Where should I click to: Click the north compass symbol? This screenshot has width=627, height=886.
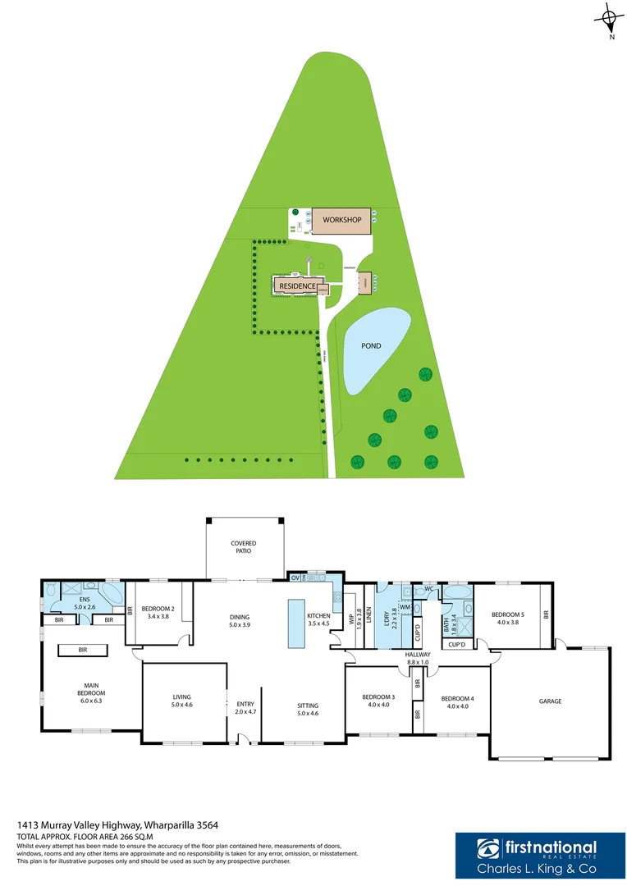tap(608, 19)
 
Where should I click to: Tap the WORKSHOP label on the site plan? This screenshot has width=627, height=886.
tap(342, 220)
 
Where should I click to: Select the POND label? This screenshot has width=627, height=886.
tap(372, 346)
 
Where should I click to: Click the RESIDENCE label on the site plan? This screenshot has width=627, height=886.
tap(297, 285)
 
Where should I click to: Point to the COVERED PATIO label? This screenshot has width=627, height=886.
tap(243, 547)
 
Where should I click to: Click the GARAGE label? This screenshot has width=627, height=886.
tap(550, 701)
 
